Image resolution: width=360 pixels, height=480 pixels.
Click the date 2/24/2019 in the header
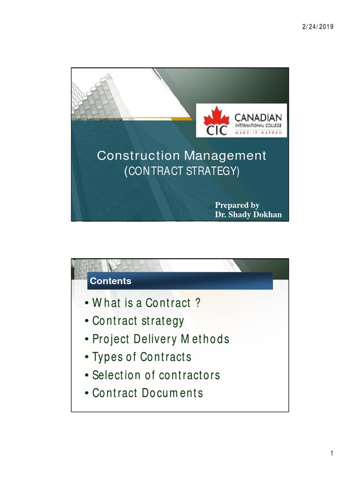point(317,27)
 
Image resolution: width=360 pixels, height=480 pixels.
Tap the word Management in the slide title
point(225,156)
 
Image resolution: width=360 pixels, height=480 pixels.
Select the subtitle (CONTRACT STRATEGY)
point(181,172)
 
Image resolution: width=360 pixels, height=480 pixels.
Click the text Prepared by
point(237,205)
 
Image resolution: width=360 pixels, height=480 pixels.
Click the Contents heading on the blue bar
point(111,281)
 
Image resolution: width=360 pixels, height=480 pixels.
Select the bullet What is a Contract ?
point(143,303)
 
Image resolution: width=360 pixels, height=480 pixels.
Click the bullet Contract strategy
point(135,321)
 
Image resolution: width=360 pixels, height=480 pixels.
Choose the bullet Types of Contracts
point(138,357)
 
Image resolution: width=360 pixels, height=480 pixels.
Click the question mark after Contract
point(198,303)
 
